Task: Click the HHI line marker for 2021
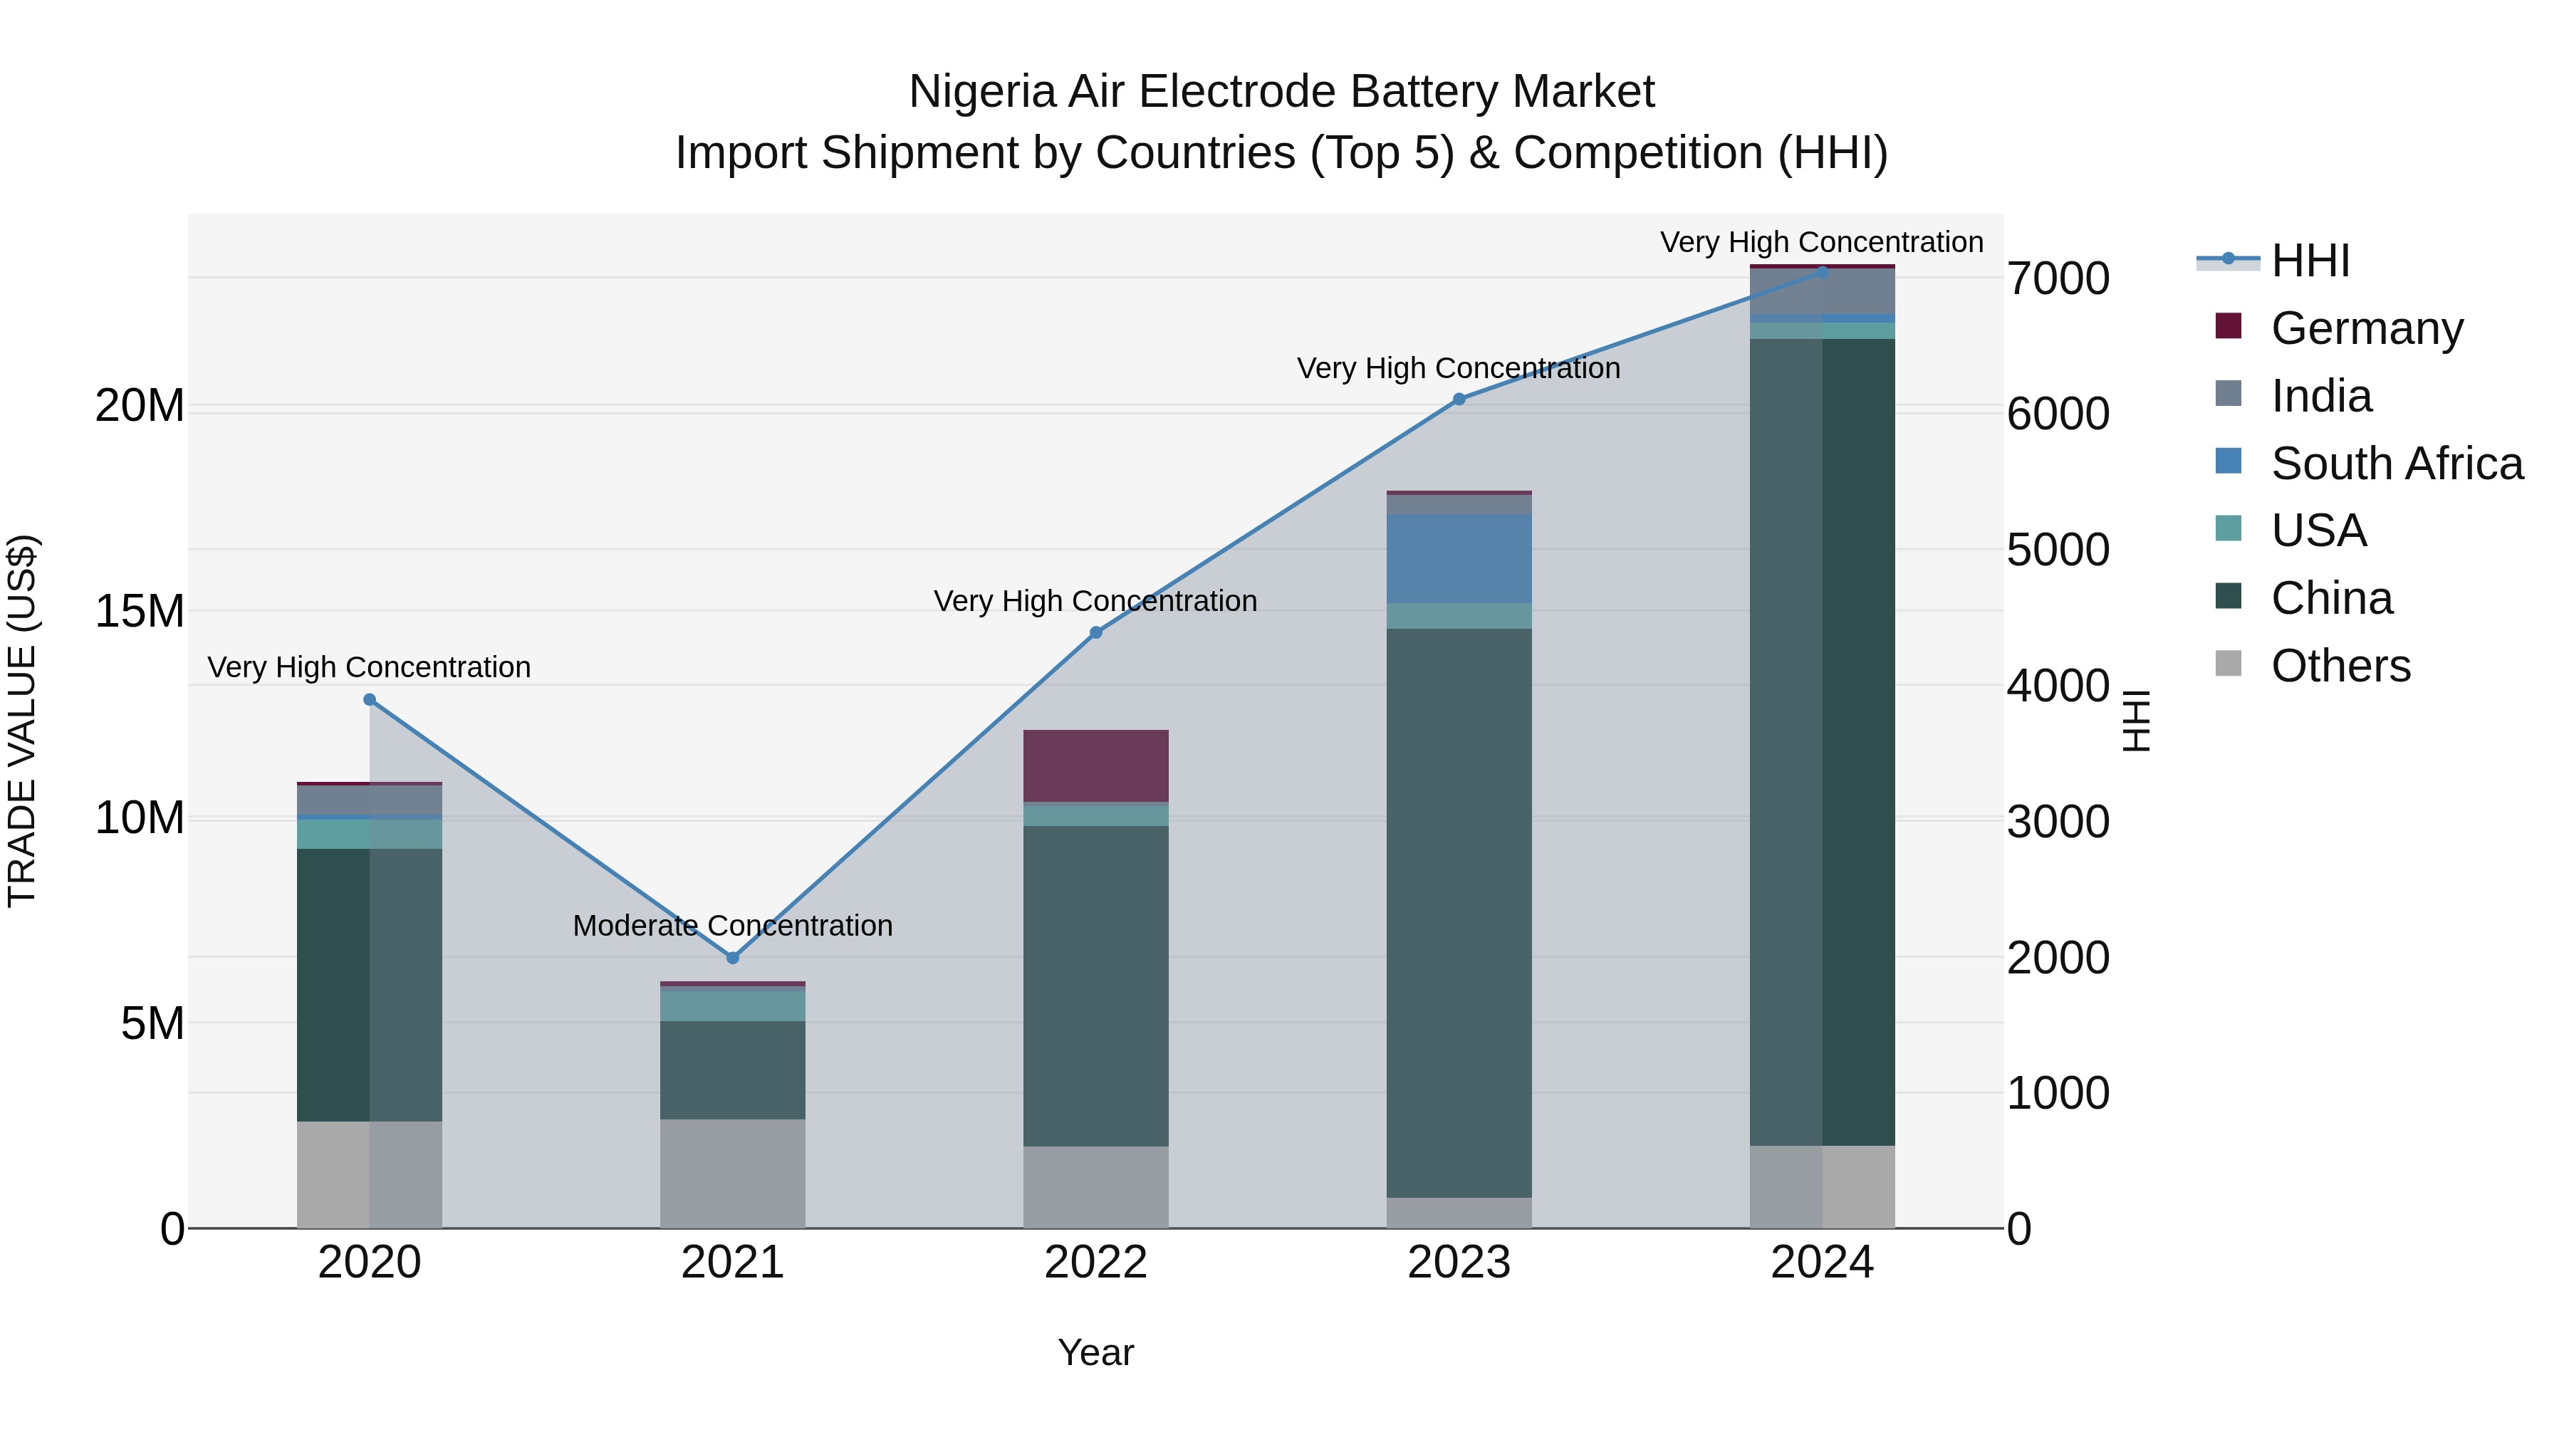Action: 733,957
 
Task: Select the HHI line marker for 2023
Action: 1459,399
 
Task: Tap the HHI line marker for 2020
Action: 369,699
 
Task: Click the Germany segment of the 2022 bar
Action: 1096,766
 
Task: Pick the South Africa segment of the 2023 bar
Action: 1459,558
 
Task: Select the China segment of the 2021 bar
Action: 733,1070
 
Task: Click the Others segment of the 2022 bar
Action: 1096,1186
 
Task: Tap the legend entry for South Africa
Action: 2396,464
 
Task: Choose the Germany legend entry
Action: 2366,328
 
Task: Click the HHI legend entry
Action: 2309,261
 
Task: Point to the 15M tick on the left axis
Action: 140,611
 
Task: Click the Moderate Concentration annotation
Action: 733,926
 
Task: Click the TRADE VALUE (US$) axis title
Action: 22,721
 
